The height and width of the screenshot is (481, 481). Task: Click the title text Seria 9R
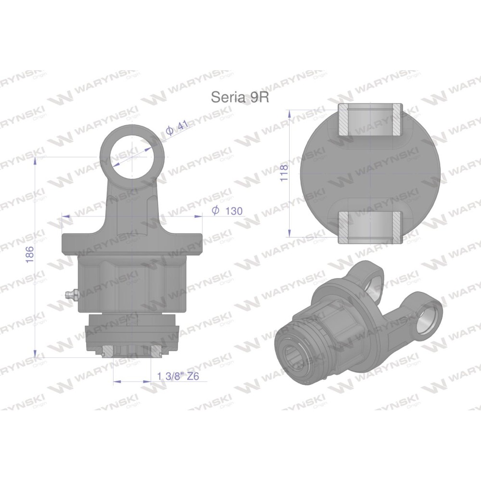click(x=240, y=97)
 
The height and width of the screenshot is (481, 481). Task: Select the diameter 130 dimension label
click(x=228, y=211)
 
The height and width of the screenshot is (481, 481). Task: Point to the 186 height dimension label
click(x=29, y=254)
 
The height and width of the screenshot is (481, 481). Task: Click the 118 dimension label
click(x=284, y=173)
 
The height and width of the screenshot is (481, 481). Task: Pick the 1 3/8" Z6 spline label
click(x=178, y=376)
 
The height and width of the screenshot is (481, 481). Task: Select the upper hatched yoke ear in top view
click(x=369, y=120)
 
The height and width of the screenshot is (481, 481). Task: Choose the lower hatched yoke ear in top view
click(x=369, y=228)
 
